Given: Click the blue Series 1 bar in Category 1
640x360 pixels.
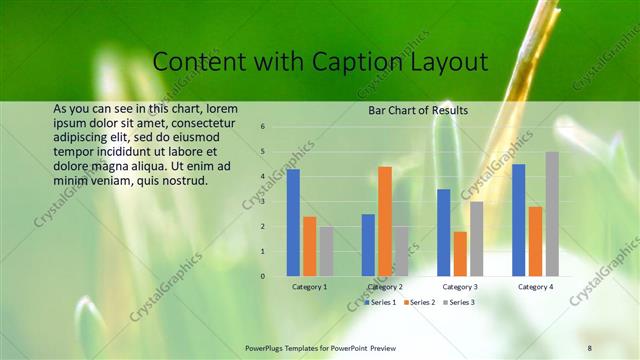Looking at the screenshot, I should [x=293, y=223].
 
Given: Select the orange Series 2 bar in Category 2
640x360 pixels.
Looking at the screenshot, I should [x=385, y=221].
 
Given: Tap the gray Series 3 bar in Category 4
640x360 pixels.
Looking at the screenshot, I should [x=552, y=214].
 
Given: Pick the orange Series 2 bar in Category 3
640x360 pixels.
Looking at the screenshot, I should [x=460, y=254].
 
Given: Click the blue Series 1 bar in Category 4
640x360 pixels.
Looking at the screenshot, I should [x=518, y=220].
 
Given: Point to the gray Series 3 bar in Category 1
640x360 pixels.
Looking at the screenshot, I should [x=326, y=251].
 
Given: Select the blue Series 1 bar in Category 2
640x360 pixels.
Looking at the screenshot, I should [x=368, y=245].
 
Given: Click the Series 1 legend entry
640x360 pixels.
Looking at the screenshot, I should [x=381, y=301].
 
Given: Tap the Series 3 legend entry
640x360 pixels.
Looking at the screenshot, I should [x=459, y=301].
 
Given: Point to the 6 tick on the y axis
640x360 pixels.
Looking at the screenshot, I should [x=262, y=127].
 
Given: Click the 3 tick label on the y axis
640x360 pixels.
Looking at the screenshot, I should [x=262, y=202].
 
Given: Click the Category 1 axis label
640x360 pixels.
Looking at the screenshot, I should [x=309, y=287].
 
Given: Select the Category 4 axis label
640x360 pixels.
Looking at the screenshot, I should [x=535, y=287].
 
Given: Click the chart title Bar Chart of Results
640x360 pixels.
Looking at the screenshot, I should [x=412, y=110].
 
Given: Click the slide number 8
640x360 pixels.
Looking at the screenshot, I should [x=590, y=346].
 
